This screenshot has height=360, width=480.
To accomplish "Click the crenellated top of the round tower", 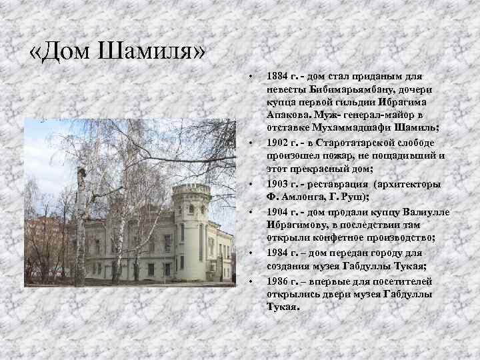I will [x=191, y=189].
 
